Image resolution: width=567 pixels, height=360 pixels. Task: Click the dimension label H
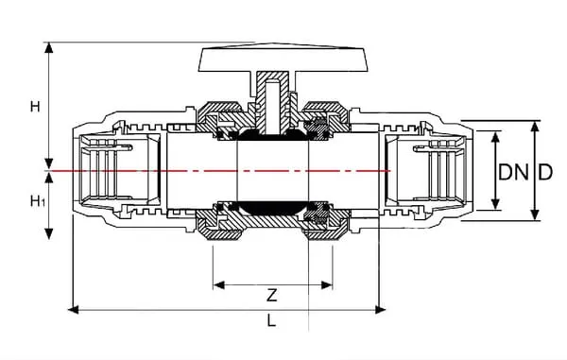pyautogui.click(x=35, y=107)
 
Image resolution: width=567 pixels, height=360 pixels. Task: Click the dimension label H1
pyautogui.click(x=38, y=200)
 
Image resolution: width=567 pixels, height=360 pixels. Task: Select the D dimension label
pyautogui.click(x=545, y=172)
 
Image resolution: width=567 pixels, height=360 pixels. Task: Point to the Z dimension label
pyautogui.click(x=272, y=296)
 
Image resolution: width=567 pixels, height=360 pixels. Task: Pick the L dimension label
pyautogui.click(x=271, y=320)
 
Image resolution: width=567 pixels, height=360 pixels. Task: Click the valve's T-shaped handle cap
pyautogui.click(x=283, y=60)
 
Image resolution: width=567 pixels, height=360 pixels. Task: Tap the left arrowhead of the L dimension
pyautogui.click(x=74, y=310)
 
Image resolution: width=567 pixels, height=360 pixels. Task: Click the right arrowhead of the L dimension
pyautogui.click(x=381, y=310)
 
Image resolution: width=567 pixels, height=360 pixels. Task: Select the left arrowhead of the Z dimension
pyautogui.click(x=219, y=285)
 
